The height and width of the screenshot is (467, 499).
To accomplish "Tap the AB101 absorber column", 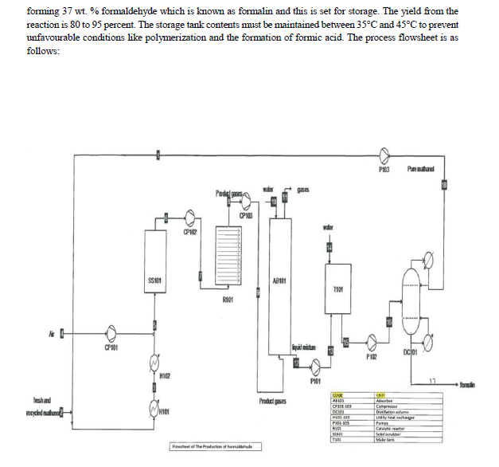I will (279, 287).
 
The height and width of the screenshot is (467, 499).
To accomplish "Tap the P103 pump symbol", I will (384, 155).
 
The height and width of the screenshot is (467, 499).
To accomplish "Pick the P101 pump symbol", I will (315, 367).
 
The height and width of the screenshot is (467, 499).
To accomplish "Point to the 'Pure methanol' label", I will (422, 169).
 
